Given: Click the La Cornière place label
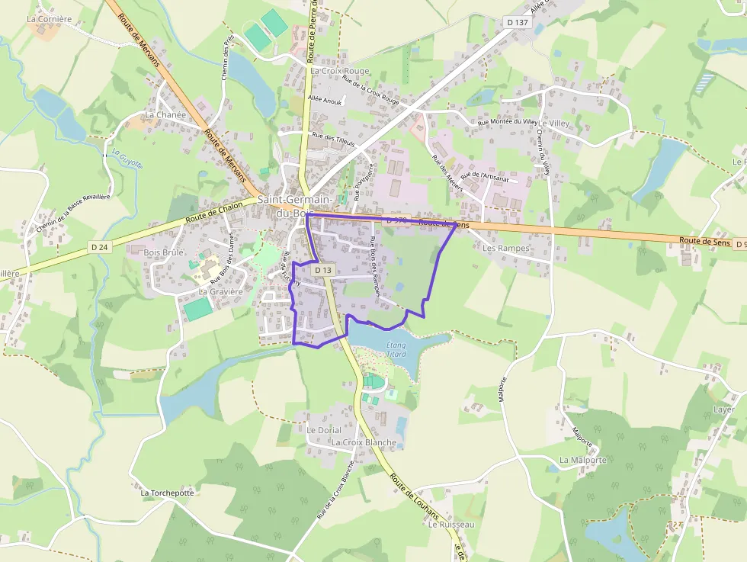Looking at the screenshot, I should [49, 18].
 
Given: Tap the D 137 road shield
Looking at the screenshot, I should [518, 23].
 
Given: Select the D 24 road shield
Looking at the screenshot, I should [99, 247].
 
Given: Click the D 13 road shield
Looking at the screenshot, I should [323, 270].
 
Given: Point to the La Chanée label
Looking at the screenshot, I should [165, 114].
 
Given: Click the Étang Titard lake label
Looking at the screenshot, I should [396, 350].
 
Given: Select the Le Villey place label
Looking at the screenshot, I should [554, 123].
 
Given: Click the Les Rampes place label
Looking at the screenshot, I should [506, 248].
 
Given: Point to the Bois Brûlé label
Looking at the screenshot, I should [164, 252].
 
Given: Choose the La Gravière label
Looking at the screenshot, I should [220, 291].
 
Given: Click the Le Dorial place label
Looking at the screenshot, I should [324, 430].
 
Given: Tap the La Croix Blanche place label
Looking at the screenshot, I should [364, 442].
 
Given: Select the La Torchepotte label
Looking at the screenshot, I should [168, 493].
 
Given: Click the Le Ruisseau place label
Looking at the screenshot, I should [451, 525].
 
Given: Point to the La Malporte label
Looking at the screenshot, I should [583, 460].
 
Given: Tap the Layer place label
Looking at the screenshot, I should [723, 409].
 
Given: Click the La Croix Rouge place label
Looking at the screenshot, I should [340, 71].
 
